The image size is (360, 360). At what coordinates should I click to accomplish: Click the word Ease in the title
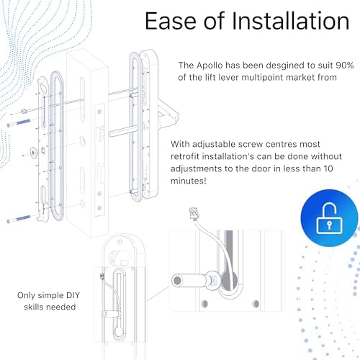pos(171,21)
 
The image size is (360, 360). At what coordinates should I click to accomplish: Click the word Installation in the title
pos(291,21)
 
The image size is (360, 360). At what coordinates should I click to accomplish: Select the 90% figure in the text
pos(345,65)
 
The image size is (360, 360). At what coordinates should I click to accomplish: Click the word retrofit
pos(185,156)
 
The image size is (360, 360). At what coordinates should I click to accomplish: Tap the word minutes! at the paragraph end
pos(189,181)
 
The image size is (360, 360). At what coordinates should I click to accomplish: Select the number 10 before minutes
pos(328,168)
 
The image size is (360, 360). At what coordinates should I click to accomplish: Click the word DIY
pos(72,295)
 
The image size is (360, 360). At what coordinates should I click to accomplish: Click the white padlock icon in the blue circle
pos(329,218)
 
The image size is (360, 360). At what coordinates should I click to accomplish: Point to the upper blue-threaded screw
pos(19,122)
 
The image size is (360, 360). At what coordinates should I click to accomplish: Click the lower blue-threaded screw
pos(19,219)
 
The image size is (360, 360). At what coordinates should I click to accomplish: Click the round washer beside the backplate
pos(33,152)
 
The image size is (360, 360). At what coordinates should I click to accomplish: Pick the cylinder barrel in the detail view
pos(189,280)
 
